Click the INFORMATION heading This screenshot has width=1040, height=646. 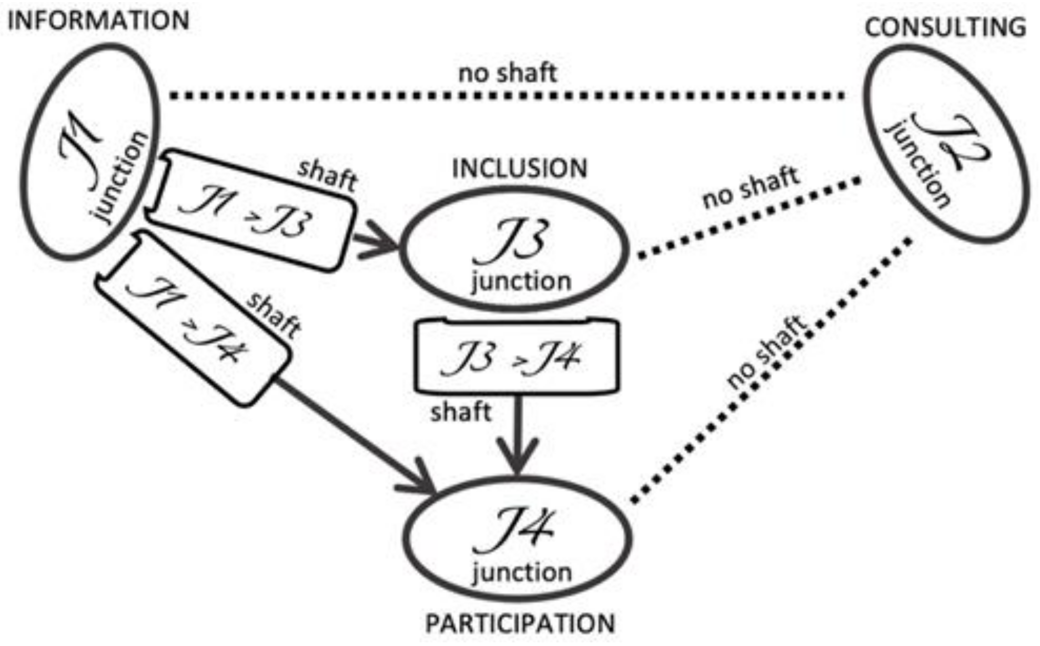click(98, 21)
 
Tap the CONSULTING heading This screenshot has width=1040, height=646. click(945, 27)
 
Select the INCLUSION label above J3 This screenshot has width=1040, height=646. click(519, 168)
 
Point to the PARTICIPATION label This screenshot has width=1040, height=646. click(520, 624)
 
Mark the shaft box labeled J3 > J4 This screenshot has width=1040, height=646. click(517, 356)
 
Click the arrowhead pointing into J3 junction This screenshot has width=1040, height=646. click(384, 241)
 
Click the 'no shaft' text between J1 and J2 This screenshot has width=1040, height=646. click(507, 73)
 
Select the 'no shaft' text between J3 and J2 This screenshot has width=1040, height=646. click(751, 187)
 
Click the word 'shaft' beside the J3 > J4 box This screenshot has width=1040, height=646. click(460, 412)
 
